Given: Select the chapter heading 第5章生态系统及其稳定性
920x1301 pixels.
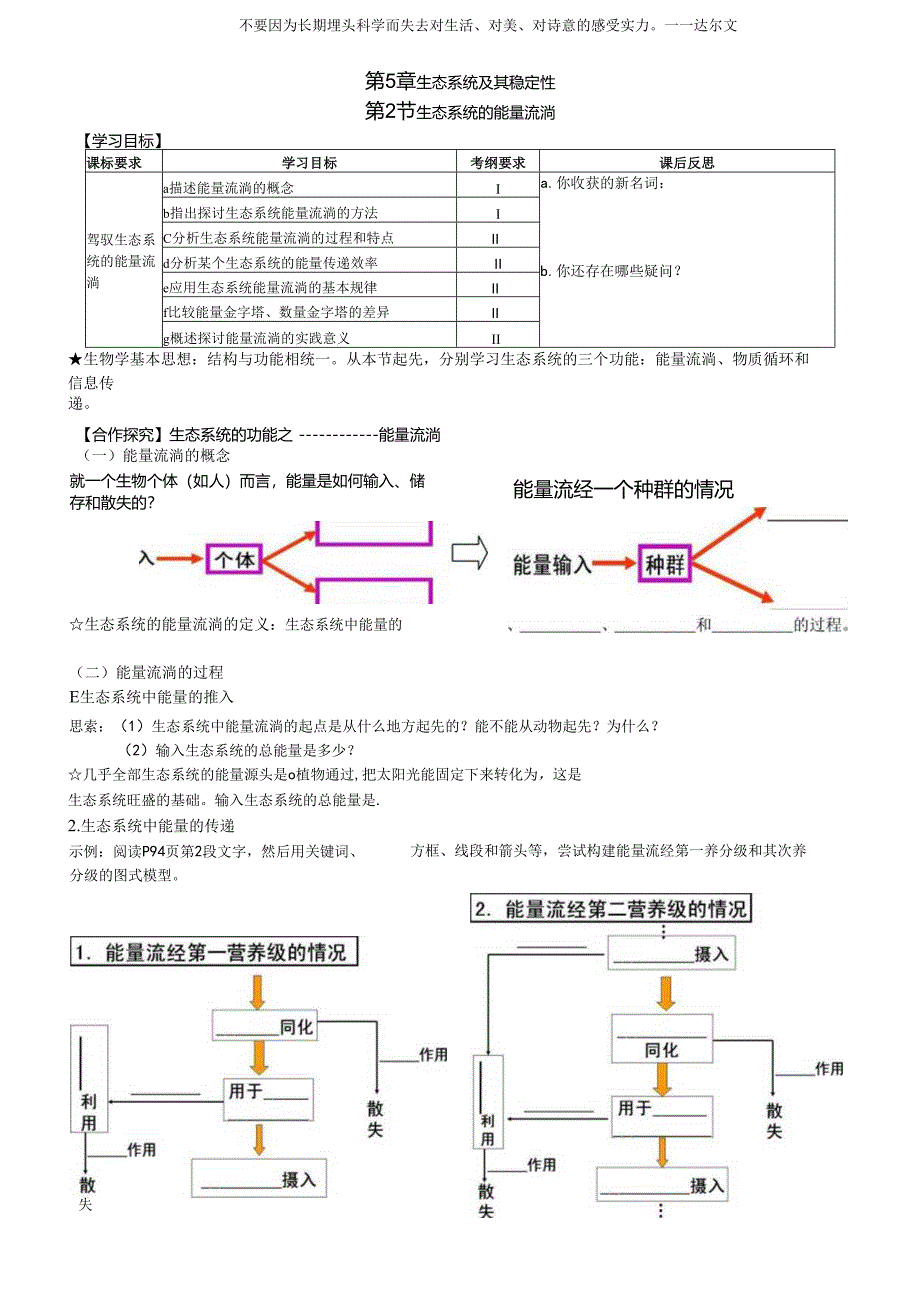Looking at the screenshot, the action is point(460,81).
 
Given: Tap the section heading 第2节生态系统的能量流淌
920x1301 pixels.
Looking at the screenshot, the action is point(460,112).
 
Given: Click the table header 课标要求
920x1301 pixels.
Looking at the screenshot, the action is point(114,162).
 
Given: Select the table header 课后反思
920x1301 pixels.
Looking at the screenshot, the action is point(686,162).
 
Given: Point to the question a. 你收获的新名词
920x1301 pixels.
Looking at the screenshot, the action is point(604,184).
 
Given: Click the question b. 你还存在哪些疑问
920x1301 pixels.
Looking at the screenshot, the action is point(610,270).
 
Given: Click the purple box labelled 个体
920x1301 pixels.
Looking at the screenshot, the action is point(235,559).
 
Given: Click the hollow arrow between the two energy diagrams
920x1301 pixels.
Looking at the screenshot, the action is point(470,552).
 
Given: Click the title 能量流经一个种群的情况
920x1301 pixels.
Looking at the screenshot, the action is point(623,489).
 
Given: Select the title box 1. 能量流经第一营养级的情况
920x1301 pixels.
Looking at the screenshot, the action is point(214,952).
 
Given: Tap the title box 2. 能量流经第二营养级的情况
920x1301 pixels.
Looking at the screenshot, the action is point(610,909).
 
